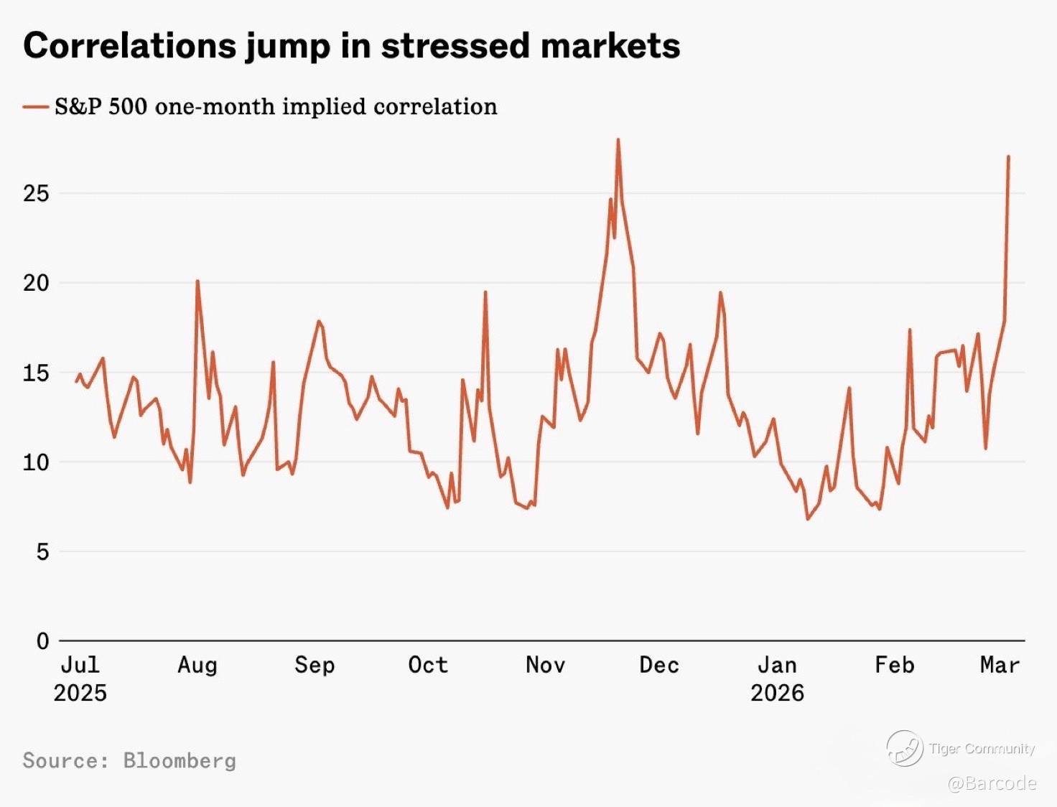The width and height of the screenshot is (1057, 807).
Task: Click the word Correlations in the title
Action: click(130, 46)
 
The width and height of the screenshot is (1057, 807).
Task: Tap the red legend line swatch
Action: click(35, 107)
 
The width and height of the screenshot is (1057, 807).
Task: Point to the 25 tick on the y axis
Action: click(36, 193)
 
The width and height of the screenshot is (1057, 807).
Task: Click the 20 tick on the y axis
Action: click(36, 283)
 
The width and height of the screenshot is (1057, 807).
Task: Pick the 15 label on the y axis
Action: click(36, 373)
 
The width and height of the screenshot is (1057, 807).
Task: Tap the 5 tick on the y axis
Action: click(42, 551)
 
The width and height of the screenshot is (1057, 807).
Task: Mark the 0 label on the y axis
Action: click(42, 640)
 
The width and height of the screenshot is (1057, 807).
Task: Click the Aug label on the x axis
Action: click(197, 666)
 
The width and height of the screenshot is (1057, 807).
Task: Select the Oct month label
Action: click(428, 666)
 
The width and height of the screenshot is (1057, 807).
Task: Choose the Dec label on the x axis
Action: click(659, 666)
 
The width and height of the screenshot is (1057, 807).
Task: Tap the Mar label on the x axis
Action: click(1000, 666)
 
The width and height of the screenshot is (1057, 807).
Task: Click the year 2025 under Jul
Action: click(80, 693)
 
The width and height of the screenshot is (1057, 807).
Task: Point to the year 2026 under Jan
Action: click(777, 693)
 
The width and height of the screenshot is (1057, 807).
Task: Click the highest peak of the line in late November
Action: click(618, 140)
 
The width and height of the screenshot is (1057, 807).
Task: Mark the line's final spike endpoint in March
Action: click(1008, 157)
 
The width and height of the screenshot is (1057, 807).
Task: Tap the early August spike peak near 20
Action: click(197, 281)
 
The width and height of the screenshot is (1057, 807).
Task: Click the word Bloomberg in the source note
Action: click(180, 760)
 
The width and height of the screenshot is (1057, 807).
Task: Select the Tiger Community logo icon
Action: click(904, 748)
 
